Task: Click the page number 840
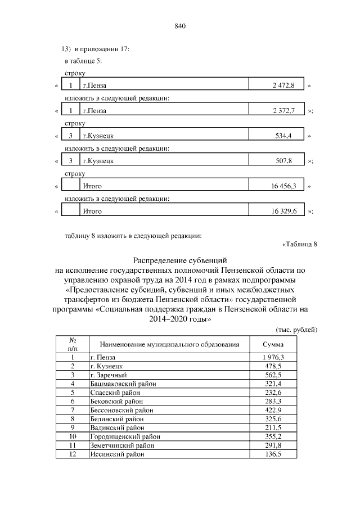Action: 180,26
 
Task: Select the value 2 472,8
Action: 283,86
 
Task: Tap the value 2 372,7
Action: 283,111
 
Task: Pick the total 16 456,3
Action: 282,186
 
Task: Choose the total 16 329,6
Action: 282,211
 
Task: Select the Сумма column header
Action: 273,344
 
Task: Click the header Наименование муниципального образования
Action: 169,344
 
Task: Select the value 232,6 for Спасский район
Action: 273,393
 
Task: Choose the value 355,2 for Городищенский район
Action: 273,436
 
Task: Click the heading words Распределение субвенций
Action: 180,261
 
